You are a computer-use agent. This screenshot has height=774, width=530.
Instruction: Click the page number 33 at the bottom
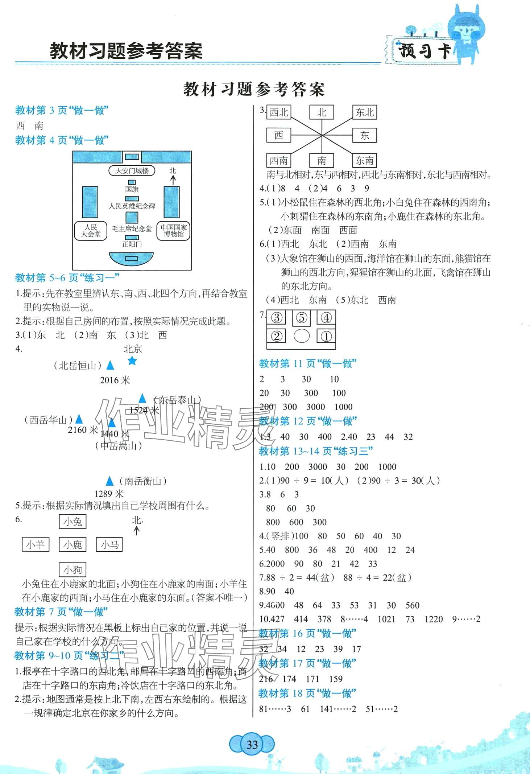(x=252, y=745)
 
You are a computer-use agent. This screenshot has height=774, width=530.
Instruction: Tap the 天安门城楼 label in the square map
(x=132, y=170)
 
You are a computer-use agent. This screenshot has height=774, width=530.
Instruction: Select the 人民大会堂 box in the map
(x=90, y=231)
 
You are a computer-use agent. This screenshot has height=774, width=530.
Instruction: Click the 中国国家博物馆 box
(x=174, y=231)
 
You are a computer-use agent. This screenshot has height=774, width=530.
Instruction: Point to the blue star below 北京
(x=132, y=361)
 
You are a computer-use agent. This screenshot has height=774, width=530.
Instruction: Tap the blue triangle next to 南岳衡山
(x=109, y=481)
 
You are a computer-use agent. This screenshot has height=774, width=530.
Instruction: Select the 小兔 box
(x=73, y=522)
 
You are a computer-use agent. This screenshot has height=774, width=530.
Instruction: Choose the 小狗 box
(x=73, y=569)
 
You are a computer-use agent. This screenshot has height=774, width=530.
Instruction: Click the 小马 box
(x=109, y=545)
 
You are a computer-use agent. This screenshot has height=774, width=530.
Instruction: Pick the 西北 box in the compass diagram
(x=279, y=112)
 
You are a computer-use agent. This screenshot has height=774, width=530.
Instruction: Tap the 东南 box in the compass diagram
(x=364, y=160)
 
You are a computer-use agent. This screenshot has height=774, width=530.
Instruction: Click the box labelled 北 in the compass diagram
(x=322, y=112)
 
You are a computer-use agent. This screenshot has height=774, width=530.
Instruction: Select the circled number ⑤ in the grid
(x=302, y=318)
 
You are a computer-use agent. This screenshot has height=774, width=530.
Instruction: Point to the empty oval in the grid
(x=302, y=336)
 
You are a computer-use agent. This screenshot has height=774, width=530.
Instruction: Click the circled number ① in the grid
(x=326, y=336)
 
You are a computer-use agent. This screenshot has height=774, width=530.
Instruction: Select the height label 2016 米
(x=115, y=380)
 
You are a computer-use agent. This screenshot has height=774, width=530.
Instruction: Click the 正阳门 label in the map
(x=132, y=244)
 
